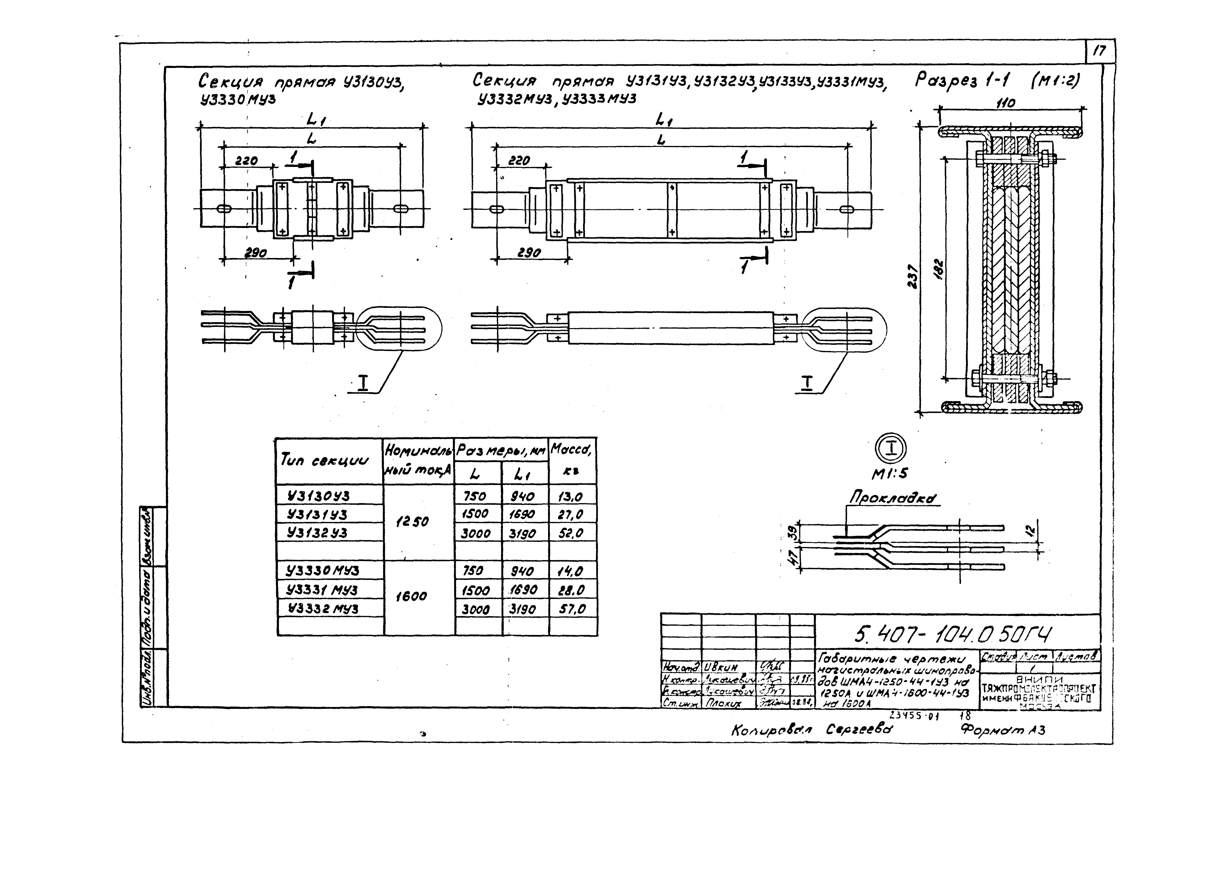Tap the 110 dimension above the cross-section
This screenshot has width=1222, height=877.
1005,103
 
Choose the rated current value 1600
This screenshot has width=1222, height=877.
411,596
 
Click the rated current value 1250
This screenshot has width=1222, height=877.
412,522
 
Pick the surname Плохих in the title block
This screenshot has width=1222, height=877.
724,703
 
